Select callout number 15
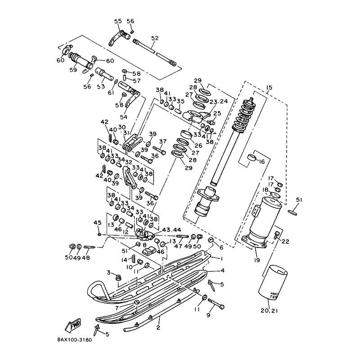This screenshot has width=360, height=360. coord(270,87)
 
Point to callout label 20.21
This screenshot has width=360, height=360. coord(272,310)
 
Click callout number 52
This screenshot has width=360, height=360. coord(155,39)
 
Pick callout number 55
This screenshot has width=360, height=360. coord(118,21)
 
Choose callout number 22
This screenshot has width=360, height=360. coord(285,241)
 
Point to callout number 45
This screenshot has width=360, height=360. coord(97,222)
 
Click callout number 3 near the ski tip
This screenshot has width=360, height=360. coord(108,273)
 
